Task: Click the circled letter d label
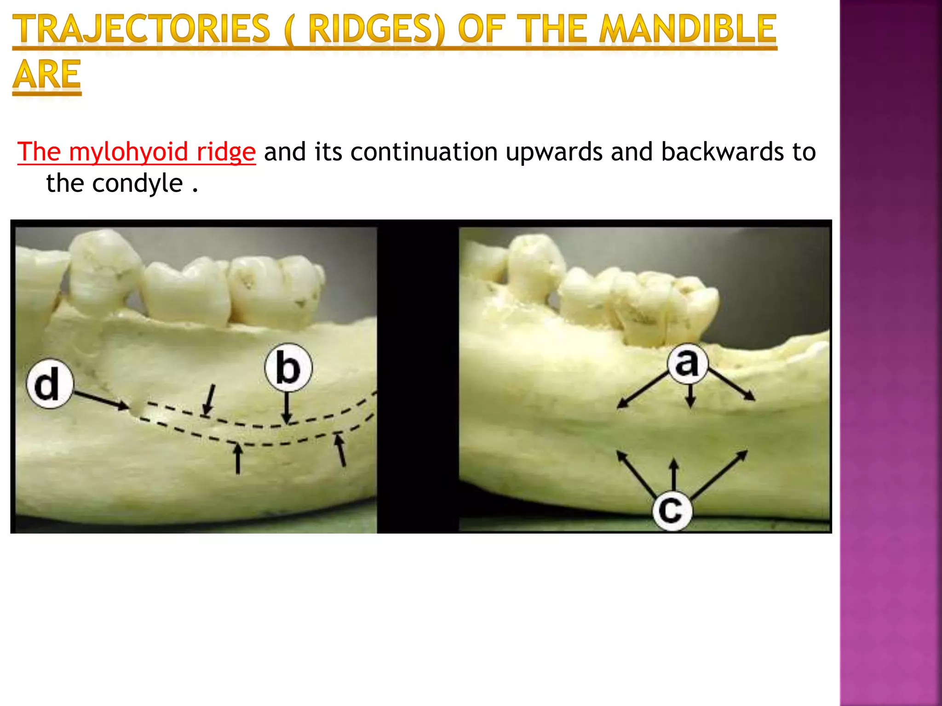coord(50,384)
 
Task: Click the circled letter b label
coord(288,368)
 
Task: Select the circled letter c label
coord(672,510)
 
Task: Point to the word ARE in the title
coord(47,74)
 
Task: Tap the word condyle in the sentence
coord(138,183)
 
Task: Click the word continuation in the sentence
coord(424,152)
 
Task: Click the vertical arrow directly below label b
coord(287,407)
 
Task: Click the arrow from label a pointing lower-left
coord(642,390)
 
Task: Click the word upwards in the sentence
coord(554,152)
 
